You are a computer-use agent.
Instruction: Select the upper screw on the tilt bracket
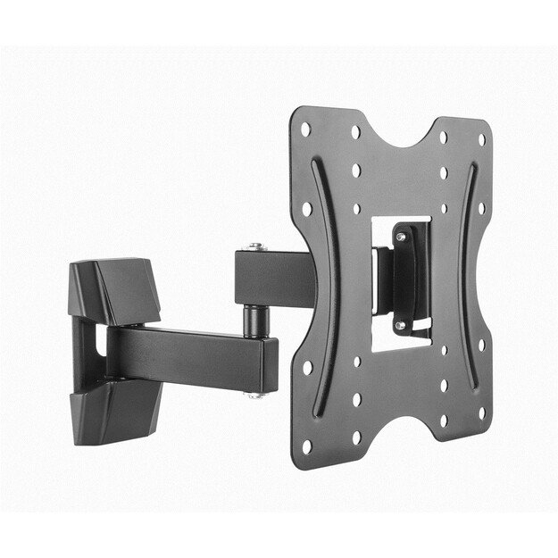click(400, 237)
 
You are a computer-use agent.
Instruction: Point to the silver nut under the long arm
click(257, 394)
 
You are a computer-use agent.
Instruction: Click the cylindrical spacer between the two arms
click(256, 317)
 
